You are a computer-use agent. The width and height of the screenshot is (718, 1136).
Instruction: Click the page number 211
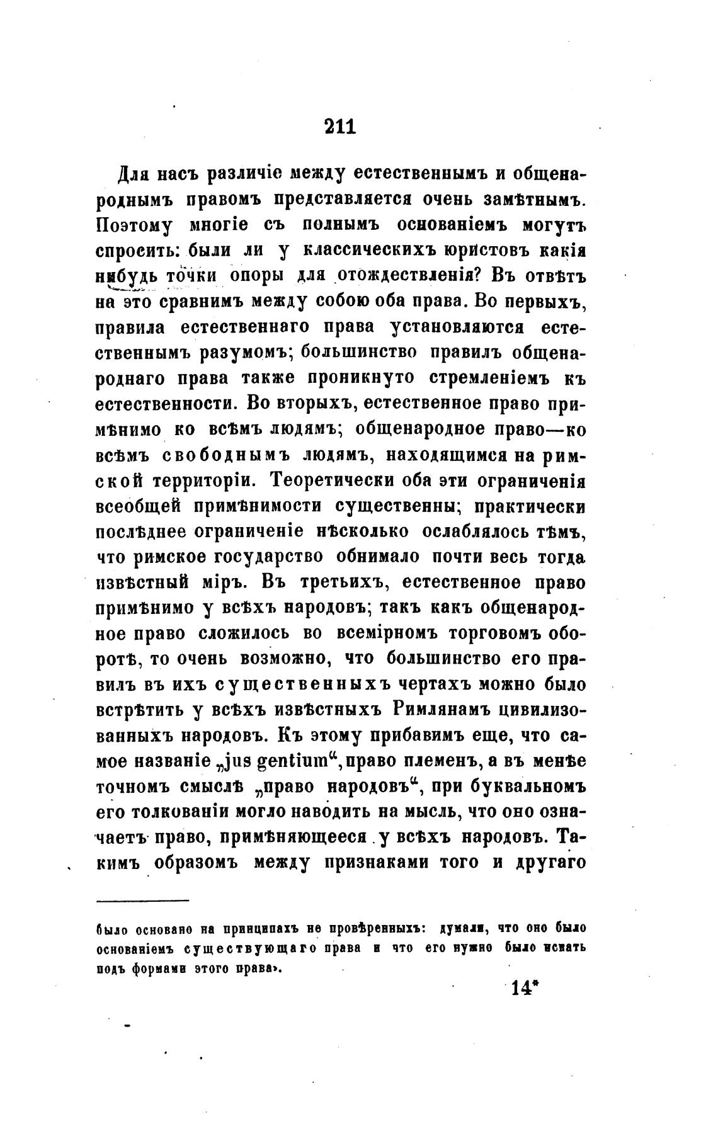[340, 126]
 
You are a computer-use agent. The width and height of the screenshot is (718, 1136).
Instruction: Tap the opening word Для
[132, 174]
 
